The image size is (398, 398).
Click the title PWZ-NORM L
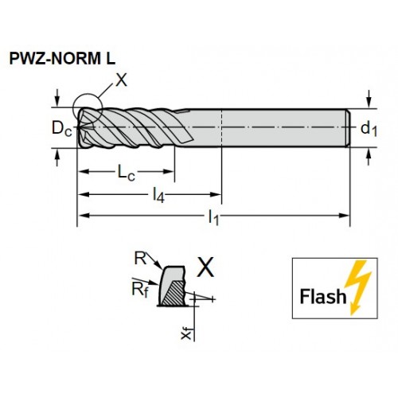point(62,58)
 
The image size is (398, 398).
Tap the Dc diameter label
point(62,128)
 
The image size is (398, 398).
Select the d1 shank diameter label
point(369,129)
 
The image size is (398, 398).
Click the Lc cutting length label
point(127,173)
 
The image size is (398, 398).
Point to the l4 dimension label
point(158,196)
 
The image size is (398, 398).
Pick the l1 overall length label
point(213,217)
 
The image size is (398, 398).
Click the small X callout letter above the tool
point(122,80)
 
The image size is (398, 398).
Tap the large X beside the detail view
point(205,267)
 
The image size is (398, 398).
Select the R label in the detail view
point(140,259)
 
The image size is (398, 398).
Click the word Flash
point(323,296)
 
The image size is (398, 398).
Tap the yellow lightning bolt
point(357,287)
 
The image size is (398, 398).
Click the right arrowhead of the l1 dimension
point(345,216)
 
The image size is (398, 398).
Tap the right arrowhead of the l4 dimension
point(216,194)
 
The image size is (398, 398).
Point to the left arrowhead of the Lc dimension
point(84,171)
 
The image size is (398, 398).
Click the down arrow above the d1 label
point(368,99)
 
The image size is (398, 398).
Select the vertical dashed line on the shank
point(221,127)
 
